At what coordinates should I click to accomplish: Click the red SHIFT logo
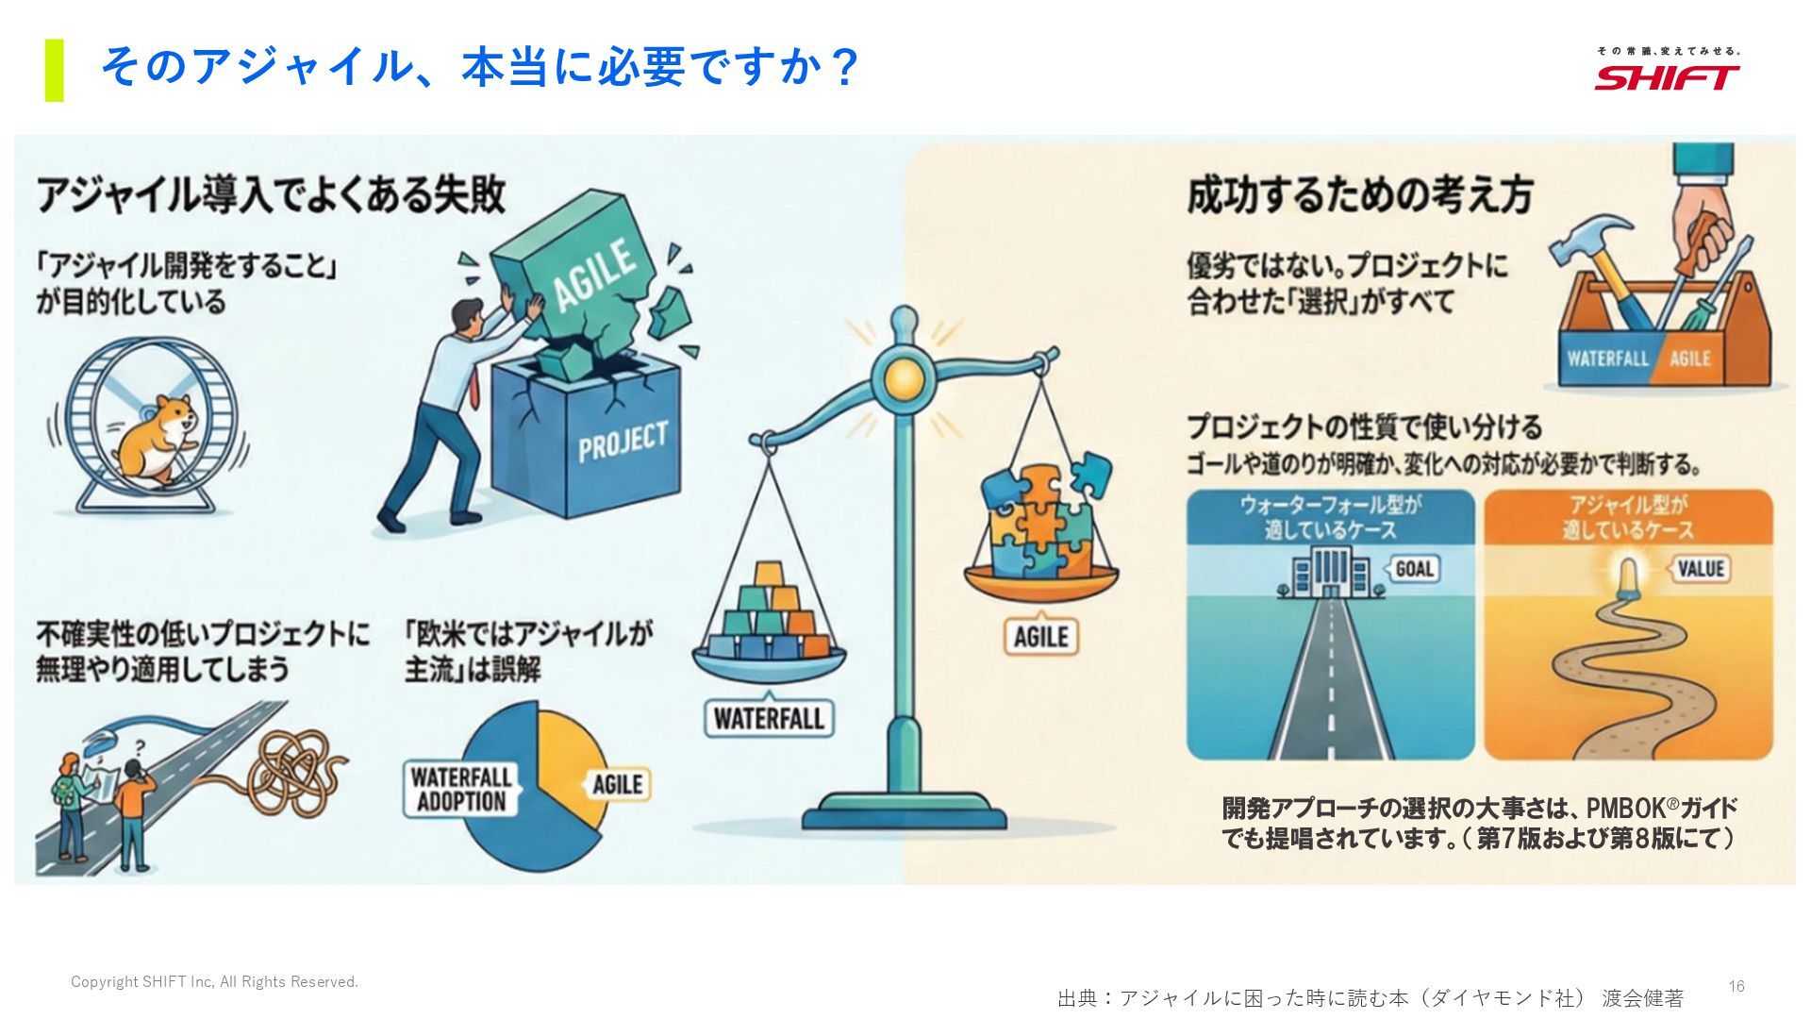(1667, 76)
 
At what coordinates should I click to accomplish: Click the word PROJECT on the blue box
(623, 442)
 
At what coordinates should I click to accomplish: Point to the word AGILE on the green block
(592, 274)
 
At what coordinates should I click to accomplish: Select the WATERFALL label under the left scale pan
(769, 719)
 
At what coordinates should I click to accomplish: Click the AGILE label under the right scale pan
(1040, 637)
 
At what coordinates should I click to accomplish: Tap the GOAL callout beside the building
(1413, 569)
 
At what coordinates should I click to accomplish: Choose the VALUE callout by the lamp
(1701, 569)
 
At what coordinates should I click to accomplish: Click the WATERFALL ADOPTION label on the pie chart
(460, 789)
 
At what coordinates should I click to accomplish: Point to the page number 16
(1736, 986)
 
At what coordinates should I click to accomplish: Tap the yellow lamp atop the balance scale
(903, 378)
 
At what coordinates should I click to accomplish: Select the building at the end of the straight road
(1330, 572)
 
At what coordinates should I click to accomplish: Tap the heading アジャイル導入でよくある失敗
(272, 195)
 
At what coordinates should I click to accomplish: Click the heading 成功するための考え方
(1358, 195)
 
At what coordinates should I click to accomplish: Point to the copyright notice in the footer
(214, 982)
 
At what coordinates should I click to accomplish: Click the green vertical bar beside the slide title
(54, 70)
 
